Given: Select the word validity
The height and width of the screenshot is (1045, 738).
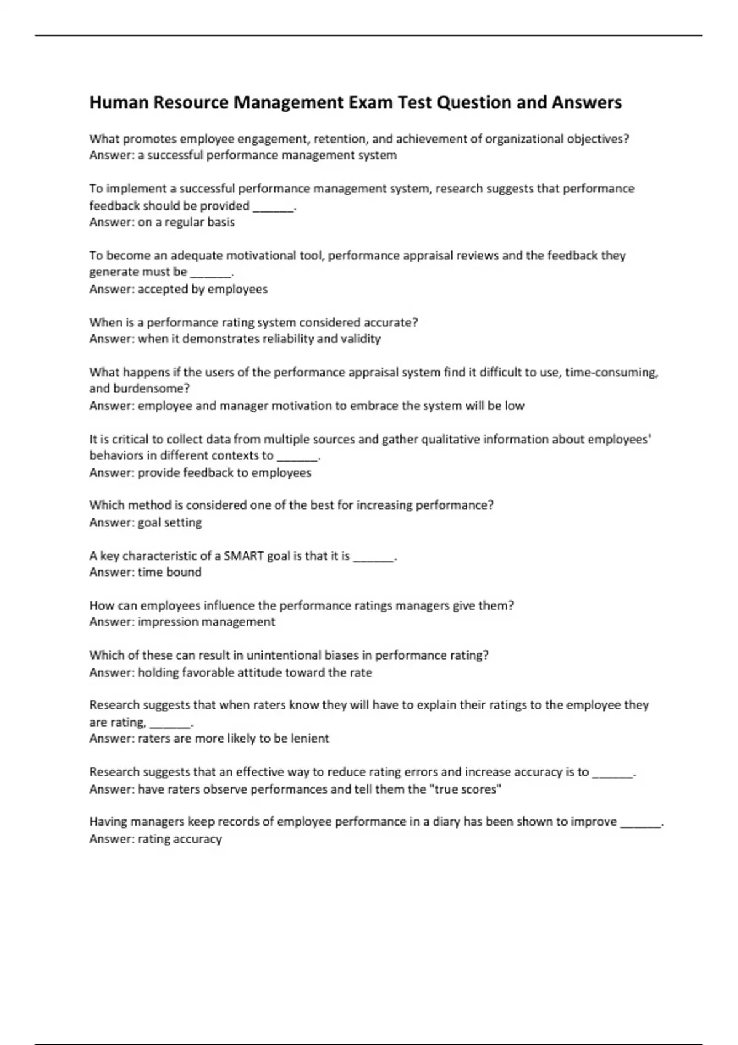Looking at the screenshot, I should [360, 339].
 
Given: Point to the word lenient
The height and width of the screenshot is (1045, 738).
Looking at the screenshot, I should [309, 738].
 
